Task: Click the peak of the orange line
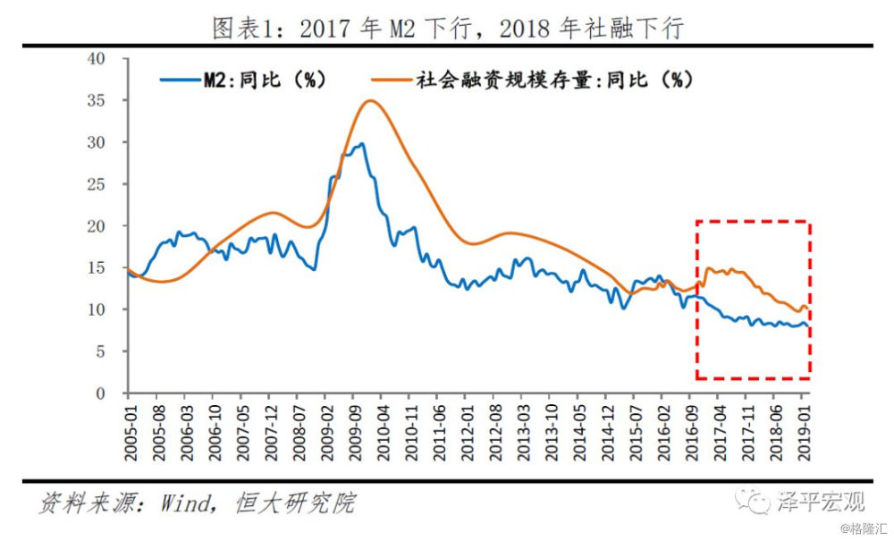click(x=370, y=100)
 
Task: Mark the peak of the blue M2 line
click(x=360, y=143)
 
